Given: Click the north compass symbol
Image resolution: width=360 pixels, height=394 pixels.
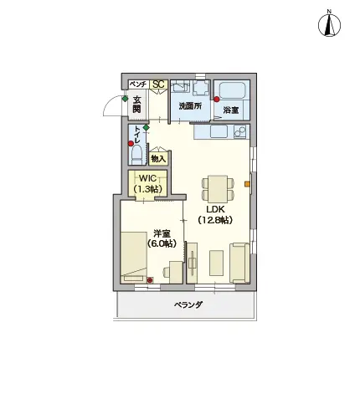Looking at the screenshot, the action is coord(329,23).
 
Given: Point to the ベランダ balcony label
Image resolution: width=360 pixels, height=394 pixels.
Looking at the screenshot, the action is coord(188,304).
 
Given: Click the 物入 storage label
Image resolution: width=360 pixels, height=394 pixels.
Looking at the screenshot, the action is coord(158,159).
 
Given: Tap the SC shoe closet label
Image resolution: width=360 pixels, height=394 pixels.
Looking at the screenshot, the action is coord(158,84).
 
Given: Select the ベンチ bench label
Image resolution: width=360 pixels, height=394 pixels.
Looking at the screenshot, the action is coord(138,84).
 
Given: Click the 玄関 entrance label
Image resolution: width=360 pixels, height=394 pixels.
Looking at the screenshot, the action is coord(136,105).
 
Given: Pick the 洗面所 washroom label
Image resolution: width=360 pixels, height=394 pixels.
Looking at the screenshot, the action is coord(190,106).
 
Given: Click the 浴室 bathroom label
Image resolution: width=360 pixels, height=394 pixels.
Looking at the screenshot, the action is coord(231,110).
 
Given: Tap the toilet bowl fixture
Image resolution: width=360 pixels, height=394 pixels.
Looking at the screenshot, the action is coord(136,155).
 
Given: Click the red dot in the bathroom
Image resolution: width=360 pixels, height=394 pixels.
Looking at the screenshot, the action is coord(217,99).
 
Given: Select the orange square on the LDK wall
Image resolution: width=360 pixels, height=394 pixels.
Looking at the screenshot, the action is coord(247,184).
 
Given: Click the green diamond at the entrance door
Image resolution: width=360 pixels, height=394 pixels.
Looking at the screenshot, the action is coord(126,99).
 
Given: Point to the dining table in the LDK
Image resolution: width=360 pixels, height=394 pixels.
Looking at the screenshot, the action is coord(218,189).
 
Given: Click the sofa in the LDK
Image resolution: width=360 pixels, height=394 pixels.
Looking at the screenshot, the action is coord(239,264).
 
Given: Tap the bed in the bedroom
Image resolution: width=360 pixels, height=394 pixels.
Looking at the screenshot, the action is coord(134,258).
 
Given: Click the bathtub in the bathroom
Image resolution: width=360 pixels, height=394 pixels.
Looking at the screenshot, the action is coord(231,91).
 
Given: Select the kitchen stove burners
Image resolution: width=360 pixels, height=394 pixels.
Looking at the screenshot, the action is coord(239,131).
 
